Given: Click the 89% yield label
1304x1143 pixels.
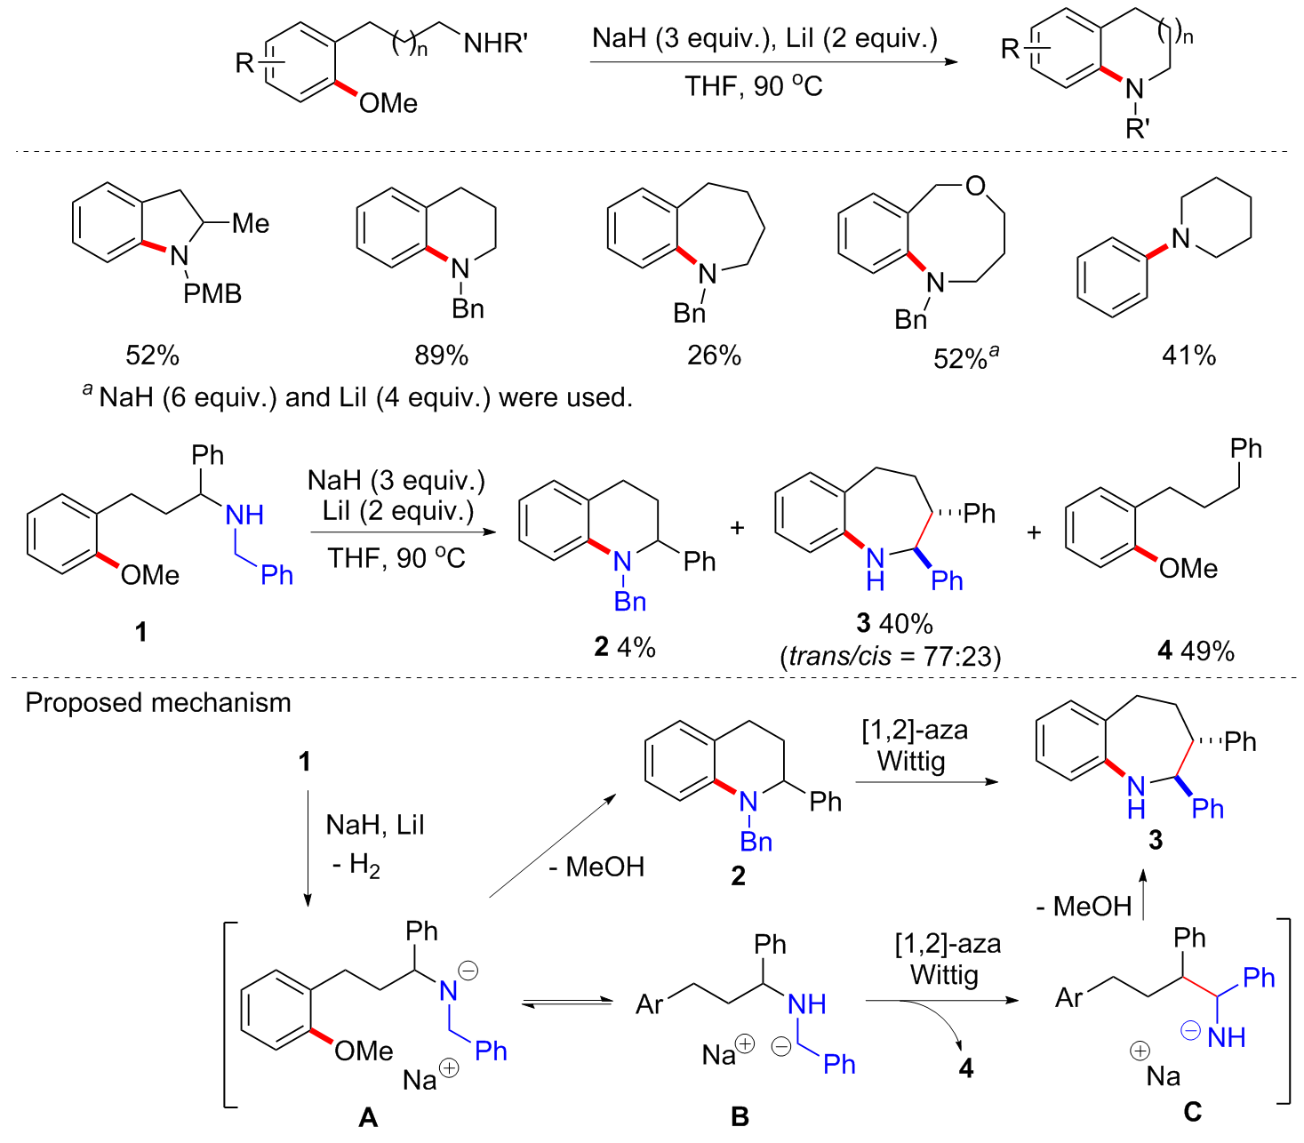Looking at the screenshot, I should (441, 356).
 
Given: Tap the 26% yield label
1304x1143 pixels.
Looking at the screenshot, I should (714, 356).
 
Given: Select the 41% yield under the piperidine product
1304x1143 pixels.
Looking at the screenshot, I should (1188, 356).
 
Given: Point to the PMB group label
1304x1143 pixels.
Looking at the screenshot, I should (212, 293).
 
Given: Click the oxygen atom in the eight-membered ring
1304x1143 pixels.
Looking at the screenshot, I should (975, 186).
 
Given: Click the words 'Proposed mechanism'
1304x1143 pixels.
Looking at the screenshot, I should (158, 703).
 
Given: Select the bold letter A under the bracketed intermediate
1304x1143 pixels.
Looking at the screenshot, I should (367, 1117).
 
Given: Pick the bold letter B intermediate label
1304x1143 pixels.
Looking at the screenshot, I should (740, 1117).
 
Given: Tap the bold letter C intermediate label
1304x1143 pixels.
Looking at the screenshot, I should (1192, 1112).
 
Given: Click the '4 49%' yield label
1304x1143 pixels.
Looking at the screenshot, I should (1196, 651).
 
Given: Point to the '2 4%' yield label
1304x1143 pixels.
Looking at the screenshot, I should (625, 647).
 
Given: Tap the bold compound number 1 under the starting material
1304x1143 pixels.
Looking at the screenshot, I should (140, 632).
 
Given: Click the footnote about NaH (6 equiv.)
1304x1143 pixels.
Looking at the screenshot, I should (357, 397).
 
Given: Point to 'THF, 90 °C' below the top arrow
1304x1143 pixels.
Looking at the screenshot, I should (753, 86).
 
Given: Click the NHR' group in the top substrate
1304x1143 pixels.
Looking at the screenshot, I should (495, 43).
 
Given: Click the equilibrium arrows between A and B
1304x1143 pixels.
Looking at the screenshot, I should (566, 1003).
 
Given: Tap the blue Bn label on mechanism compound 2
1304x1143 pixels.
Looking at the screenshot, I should (756, 841).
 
